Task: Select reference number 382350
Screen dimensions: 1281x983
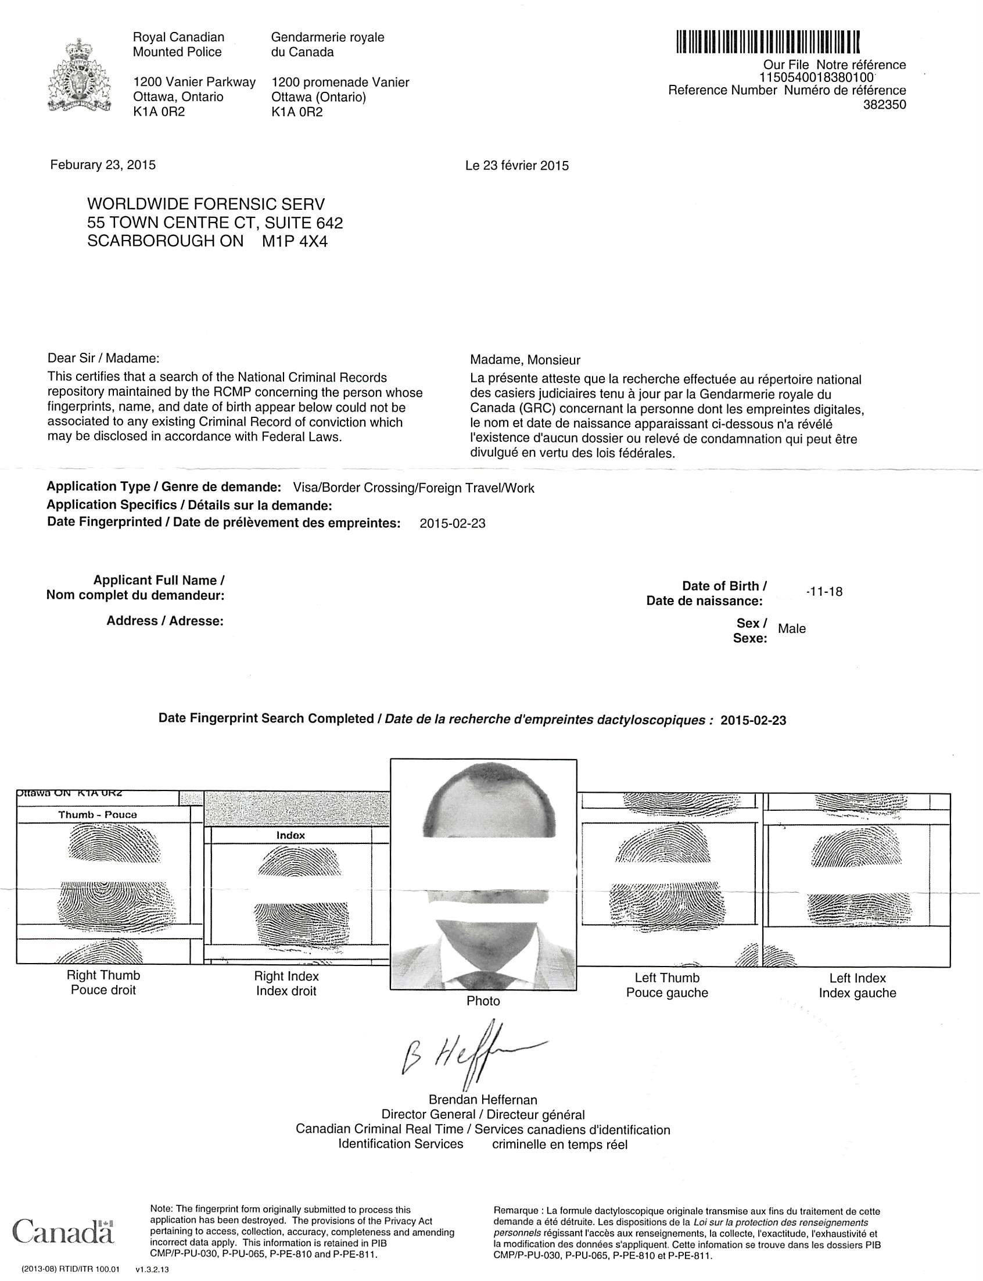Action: coord(885,105)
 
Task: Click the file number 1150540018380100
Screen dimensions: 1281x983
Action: coord(816,77)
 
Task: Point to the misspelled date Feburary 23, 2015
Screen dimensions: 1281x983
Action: coord(103,165)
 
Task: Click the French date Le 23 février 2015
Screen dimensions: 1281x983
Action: coord(516,166)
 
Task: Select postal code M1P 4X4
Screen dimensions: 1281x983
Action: coord(295,241)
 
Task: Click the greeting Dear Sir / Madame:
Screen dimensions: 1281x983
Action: coord(103,357)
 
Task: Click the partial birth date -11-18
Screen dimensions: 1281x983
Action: coord(824,592)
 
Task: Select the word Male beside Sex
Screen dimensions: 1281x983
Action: coord(792,629)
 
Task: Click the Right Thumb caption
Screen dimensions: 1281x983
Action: coord(103,975)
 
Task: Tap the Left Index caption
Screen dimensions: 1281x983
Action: coord(857,978)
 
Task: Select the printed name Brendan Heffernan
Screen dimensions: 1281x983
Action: coord(483,1100)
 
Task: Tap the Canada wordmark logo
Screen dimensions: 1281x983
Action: coord(63,1230)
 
